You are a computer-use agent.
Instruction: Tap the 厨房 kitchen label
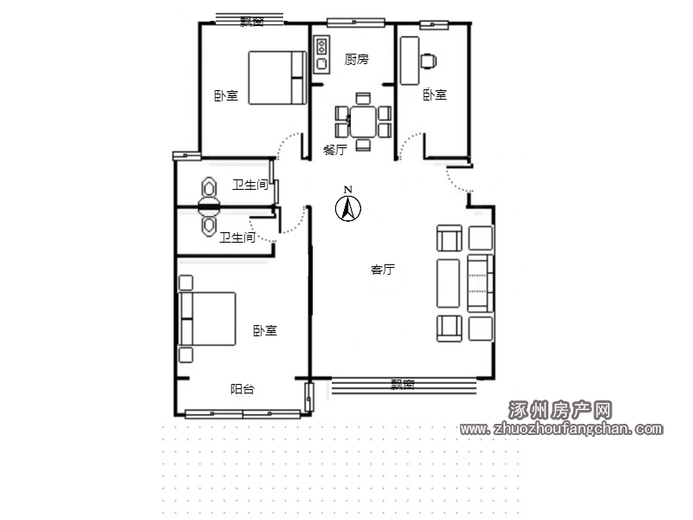point(356,59)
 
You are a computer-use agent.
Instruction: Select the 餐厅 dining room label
point(335,149)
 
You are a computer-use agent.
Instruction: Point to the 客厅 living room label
point(383,270)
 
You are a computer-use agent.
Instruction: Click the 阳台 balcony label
point(243,389)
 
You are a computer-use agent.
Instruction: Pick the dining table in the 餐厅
point(363,121)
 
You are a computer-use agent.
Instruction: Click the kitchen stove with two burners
point(321,47)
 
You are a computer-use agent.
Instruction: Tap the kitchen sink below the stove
point(321,64)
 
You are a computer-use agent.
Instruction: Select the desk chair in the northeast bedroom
point(428,62)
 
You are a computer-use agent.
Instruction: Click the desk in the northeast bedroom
point(410,61)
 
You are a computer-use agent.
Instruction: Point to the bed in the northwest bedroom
point(277,78)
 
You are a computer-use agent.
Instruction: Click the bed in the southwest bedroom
point(207,318)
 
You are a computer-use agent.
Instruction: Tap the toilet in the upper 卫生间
point(209,191)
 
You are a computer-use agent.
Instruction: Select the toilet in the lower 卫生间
point(209,222)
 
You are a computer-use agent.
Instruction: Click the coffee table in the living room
point(448,283)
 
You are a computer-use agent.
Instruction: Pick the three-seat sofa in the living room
point(481,283)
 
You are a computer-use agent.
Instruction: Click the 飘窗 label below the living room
point(403,385)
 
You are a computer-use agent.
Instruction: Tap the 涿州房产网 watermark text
point(560,410)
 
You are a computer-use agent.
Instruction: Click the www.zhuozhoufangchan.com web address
point(561,429)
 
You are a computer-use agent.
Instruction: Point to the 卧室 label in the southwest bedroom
point(265,331)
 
